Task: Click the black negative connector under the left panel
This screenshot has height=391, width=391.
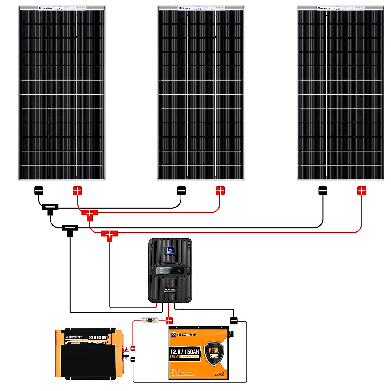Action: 39,191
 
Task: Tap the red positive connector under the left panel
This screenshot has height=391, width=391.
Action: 77,191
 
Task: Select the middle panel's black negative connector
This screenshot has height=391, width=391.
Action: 181,191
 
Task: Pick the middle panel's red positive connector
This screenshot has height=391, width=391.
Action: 220,191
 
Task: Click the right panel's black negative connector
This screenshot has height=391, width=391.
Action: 323,191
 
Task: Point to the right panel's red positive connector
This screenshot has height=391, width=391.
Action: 362,191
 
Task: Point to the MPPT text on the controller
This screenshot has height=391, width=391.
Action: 170,289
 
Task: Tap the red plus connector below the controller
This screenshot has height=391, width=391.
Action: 169,321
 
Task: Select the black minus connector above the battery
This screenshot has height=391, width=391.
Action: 234,321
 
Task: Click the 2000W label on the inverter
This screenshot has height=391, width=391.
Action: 97,337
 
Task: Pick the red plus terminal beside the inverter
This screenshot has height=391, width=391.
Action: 133,349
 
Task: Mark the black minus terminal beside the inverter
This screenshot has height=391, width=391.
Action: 133,359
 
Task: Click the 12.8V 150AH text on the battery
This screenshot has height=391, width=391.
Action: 184,352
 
